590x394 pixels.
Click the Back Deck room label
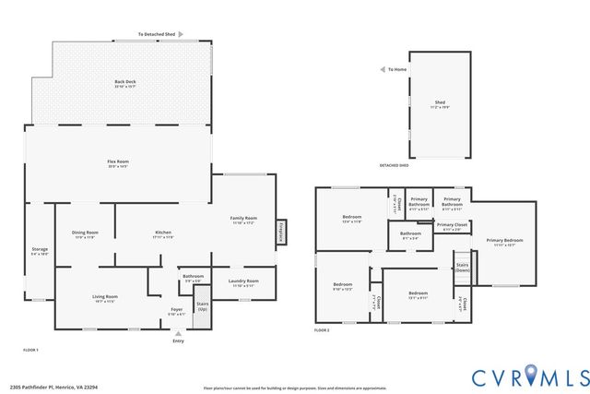125,83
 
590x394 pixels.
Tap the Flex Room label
118,163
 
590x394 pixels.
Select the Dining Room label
86,233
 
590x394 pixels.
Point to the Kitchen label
163,233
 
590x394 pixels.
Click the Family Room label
243,220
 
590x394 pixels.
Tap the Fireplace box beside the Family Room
279,233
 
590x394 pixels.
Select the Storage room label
40,250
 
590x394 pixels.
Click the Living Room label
105,298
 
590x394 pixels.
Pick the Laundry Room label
244,282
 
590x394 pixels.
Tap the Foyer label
177,310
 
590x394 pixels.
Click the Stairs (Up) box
203,304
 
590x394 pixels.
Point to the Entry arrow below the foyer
178,332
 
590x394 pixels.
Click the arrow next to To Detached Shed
181,34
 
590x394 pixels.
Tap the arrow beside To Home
382,69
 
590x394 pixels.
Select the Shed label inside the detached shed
440,104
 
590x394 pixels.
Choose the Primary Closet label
452,226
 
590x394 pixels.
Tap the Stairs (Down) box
462,268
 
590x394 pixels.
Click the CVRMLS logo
530,376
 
